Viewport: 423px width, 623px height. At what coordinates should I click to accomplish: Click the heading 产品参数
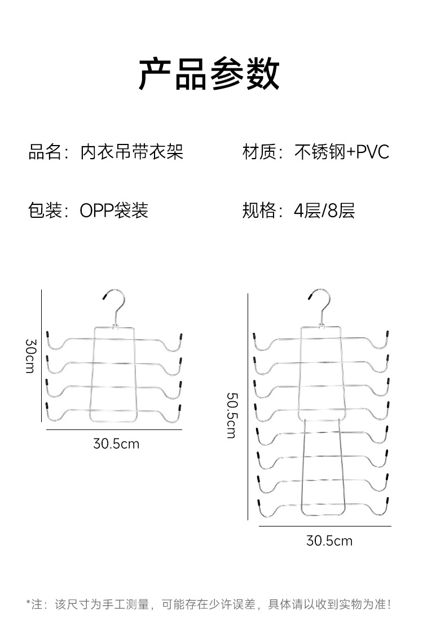(209, 74)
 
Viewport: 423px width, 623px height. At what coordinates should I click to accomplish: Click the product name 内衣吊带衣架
(132, 152)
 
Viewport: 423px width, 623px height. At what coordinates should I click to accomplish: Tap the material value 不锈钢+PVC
(342, 152)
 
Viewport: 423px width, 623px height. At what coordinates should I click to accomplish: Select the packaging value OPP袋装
(114, 210)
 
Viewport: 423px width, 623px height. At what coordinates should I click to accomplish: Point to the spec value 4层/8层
(324, 210)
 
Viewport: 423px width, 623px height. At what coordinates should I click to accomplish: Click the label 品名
(45, 152)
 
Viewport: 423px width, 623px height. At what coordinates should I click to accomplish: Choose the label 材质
(259, 152)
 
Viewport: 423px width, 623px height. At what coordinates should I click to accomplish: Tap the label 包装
(45, 210)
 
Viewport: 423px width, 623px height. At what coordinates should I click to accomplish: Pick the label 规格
(259, 210)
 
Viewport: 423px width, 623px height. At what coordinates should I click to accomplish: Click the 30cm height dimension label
(30, 356)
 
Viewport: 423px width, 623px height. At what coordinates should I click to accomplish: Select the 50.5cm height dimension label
(232, 415)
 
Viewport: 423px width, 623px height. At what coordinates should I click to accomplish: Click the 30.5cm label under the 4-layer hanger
(116, 444)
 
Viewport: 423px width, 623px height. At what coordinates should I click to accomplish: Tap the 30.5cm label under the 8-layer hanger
(329, 541)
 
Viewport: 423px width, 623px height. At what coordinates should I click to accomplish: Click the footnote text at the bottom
(209, 604)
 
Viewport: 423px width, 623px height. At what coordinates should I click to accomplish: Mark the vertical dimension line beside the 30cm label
(41, 356)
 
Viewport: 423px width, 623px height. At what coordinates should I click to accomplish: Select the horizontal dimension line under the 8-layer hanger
(325, 526)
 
